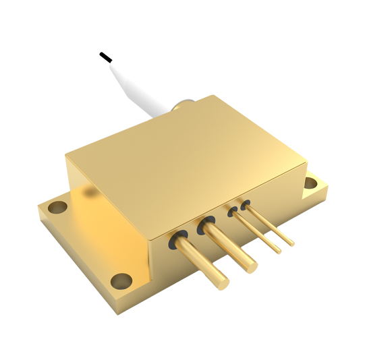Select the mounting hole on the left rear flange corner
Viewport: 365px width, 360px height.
click(58, 206)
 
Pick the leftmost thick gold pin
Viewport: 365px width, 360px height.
click(202, 260)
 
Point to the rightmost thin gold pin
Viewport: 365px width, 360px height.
click(270, 223)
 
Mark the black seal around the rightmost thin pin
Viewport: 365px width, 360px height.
click(245, 204)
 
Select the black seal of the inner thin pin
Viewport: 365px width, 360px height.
click(233, 212)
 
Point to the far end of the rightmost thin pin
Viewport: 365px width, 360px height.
click(291, 243)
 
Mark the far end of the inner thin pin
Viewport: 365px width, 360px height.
click(278, 251)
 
